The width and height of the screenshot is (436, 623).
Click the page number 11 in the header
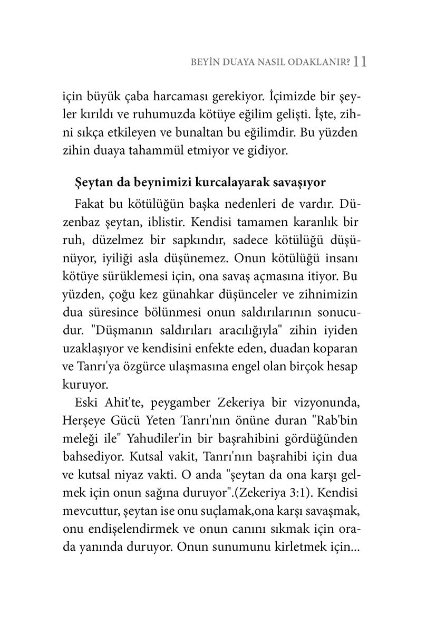(x=360, y=62)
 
